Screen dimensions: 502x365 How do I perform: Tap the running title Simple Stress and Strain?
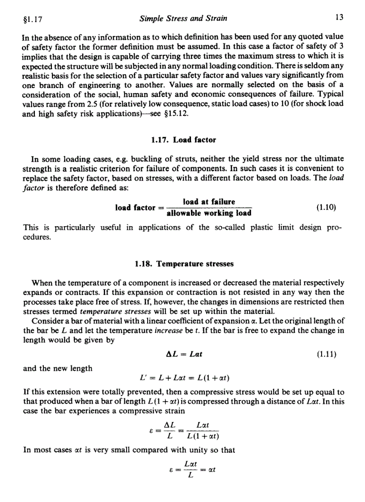[x=183, y=19]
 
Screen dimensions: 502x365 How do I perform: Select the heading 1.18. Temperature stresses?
[x=184, y=264]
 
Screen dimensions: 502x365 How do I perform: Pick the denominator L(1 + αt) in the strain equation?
[x=201, y=437]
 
